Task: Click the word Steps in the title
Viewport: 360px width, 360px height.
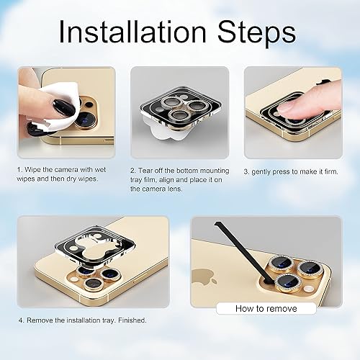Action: pos(256,32)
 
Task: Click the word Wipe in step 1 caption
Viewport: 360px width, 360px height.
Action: pos(37,169)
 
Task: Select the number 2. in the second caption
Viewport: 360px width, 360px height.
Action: pos(135,170)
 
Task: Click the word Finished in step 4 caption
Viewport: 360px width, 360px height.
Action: pos(132,320)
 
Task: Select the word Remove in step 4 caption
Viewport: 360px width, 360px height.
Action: pos(40,320)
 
